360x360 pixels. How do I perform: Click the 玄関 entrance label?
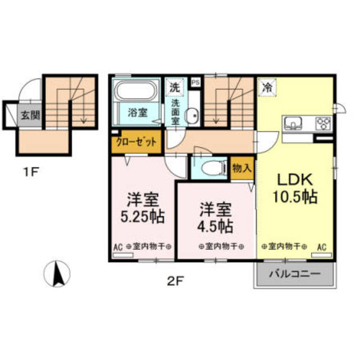(30, 117)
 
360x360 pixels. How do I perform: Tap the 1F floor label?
(30, 173)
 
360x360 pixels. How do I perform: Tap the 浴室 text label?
(138, 112)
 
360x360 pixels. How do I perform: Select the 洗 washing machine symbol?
(175, 87)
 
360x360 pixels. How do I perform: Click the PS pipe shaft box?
(195, 82)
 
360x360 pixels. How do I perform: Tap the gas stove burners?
(323, 123)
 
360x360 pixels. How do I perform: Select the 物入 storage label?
(242, 167)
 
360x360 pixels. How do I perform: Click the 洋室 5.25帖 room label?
(141, 208)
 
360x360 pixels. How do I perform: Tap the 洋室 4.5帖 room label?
(215, 217)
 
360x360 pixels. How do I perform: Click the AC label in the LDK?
(322, 246)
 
